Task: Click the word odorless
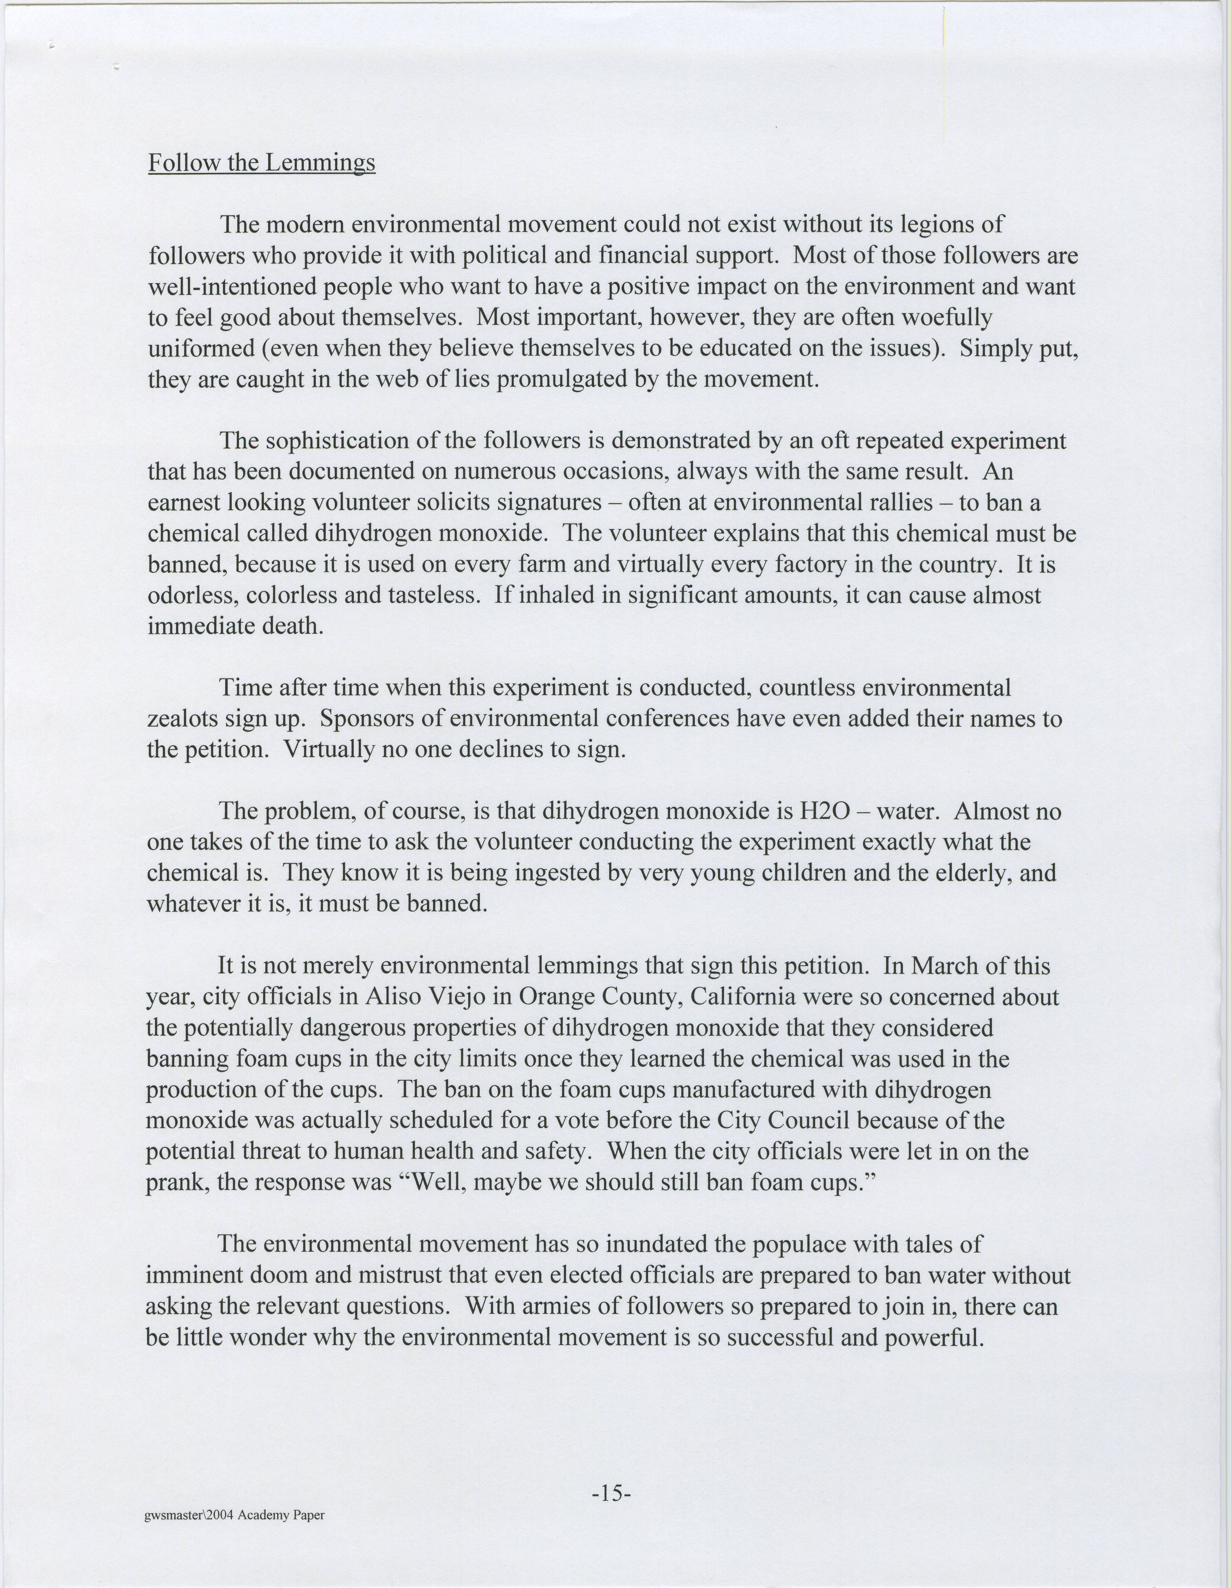pos(192,596)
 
